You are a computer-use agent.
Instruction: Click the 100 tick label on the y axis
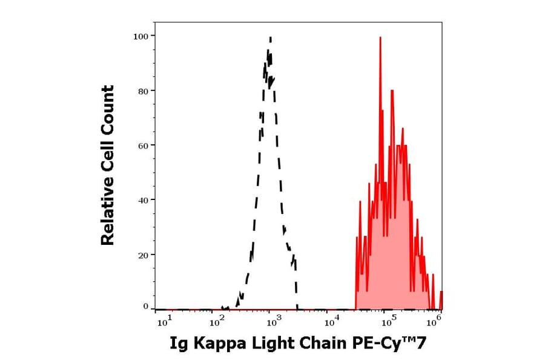(140, 36)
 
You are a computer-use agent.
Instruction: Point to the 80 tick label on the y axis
(143, 91)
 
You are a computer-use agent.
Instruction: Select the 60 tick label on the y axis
(143, 145)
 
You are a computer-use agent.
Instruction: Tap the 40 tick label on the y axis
(143, 200)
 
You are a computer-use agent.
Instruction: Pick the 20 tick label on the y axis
(143, 255)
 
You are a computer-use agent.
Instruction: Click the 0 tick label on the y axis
(145, 307)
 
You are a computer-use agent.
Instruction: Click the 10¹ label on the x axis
(164, 322)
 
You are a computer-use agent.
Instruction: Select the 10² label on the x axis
(217, 322)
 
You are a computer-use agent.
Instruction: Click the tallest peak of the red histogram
(380, 38)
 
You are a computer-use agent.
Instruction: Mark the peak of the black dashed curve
(270, 38)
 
